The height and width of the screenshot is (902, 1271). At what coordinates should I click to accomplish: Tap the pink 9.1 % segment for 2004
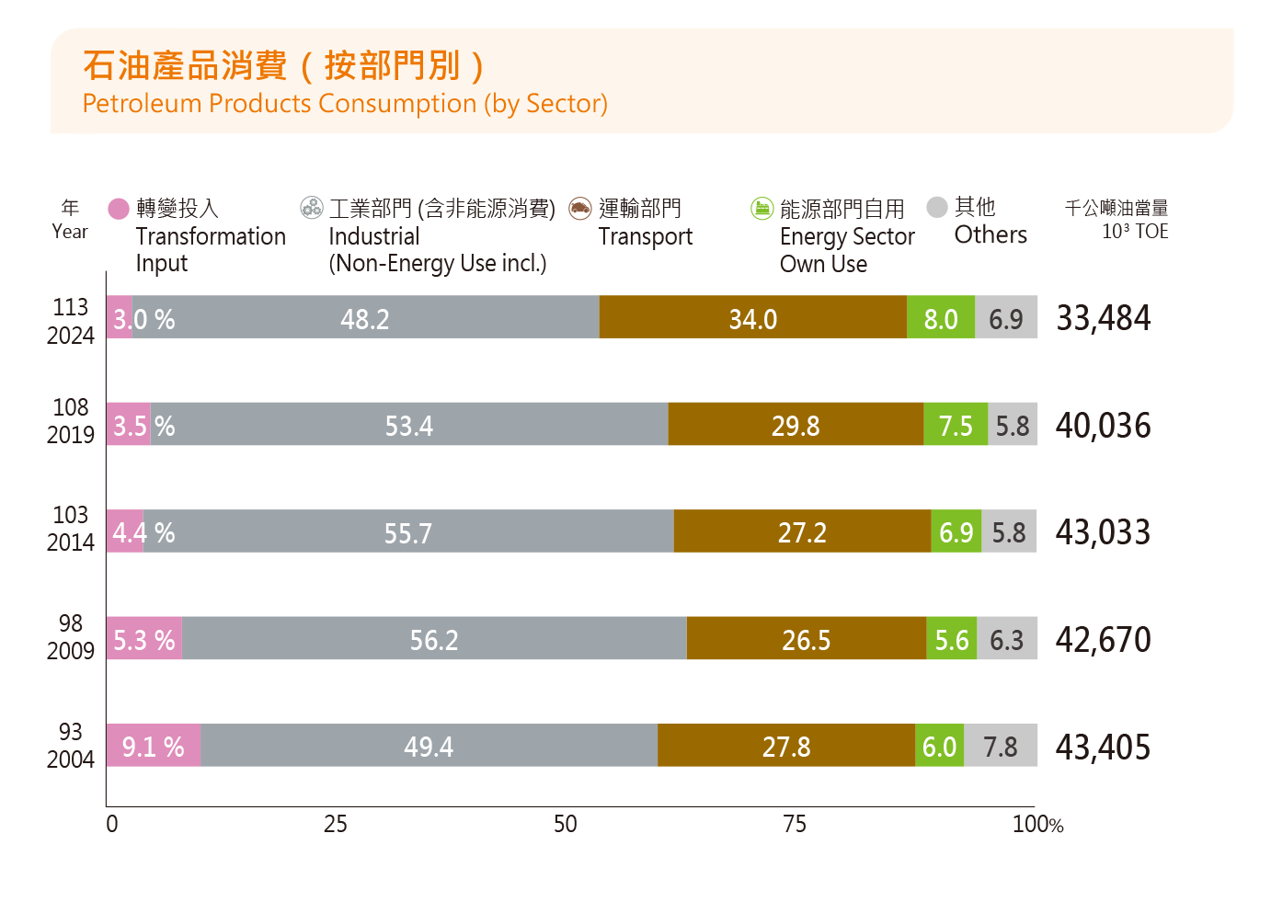(x=153, y=746)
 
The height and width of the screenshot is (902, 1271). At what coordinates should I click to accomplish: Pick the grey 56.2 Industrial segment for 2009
(x=434, y=638)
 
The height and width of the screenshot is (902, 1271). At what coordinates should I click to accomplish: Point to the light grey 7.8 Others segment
(x=1001, y=746)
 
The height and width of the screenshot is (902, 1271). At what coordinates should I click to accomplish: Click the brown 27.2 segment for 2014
(x=802, y=531)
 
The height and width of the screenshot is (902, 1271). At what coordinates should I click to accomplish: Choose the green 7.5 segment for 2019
(x=956, y=425)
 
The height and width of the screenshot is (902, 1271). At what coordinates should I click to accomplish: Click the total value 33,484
(x=1103, y=318)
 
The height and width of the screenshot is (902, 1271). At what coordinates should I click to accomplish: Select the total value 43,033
(x=1103, y=532)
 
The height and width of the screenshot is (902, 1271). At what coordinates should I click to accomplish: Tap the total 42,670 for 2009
(x=1103, y=639)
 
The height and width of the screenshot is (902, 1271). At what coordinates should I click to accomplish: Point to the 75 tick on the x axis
(x=795, y=824)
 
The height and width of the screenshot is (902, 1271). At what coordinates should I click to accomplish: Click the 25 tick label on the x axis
(x=336, y=824)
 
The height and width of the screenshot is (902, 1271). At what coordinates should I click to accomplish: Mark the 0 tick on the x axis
(x=112, y=824)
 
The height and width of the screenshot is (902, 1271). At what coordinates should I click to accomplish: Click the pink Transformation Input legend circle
(x=119, y=209)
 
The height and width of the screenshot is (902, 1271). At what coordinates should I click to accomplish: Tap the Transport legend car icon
(x=579, y=208)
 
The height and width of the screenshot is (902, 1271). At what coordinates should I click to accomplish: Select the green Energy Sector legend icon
(x=761, y=209)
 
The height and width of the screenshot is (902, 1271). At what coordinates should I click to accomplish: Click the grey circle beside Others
(x=937, y=207)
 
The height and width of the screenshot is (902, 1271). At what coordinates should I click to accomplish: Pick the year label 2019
(x=71, y=435)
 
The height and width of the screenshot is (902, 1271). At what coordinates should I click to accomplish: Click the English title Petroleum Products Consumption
(x=345, y=103)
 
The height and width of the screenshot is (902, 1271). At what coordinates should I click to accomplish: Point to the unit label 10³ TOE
(x=1135, y=232)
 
